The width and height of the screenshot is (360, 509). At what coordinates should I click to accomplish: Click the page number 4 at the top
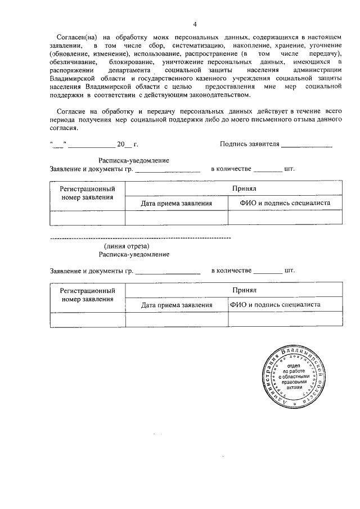(x=195, y=24)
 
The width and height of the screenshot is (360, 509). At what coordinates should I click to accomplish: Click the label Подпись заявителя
(x=250, y=143)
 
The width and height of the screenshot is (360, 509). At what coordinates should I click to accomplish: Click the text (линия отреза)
(x=127, y=246)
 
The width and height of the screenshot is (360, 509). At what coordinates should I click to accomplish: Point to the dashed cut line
(x=141, y=238)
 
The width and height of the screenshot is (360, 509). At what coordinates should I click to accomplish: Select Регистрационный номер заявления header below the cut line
(x=88, y=294)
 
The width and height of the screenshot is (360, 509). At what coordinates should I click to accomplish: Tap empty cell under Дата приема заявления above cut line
(x=176, y=217)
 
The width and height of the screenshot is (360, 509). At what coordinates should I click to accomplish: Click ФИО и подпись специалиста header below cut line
(x=276, y=304)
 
